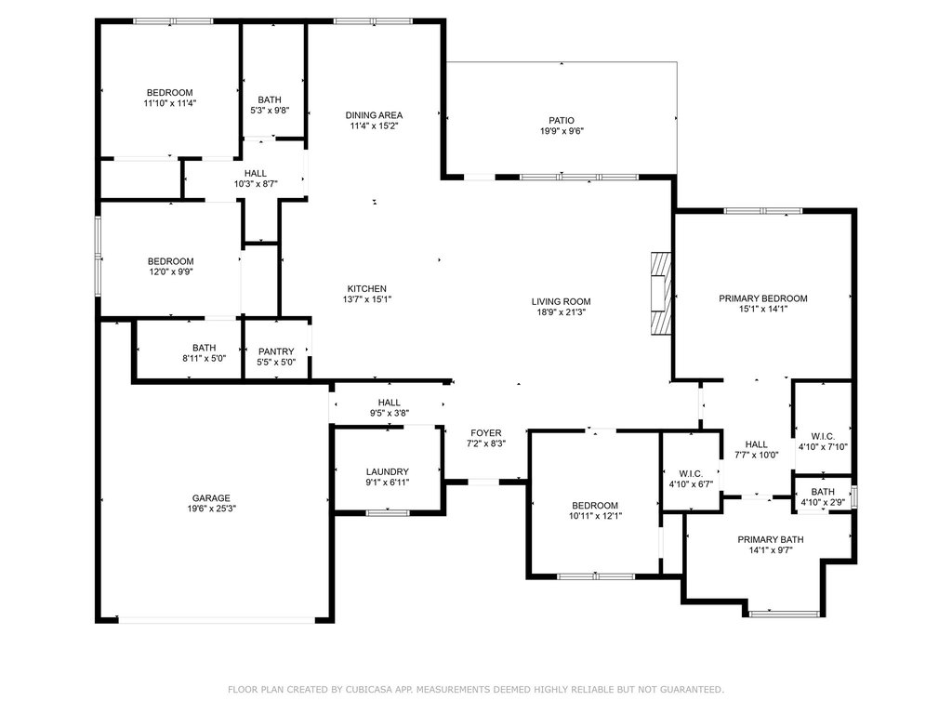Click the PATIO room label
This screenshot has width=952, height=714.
click(561, 120)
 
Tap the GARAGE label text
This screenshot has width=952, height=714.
click(211, 497)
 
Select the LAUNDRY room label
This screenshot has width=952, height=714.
click(387, 471)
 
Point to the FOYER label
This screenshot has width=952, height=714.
click(485, 433)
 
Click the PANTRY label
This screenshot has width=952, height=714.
click(276, 350)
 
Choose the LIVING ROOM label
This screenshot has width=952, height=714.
click(561, 301)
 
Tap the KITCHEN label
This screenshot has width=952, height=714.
click(366, 288)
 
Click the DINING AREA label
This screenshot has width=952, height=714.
click(374, 114)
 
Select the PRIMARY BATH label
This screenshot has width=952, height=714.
click(771, 539)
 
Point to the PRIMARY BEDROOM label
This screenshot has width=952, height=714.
click(762, 298)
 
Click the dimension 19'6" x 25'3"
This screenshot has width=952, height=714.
click(211, 509)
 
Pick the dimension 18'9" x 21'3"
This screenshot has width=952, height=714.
click(561, 312)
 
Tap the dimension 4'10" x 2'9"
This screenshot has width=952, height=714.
click(823, 503)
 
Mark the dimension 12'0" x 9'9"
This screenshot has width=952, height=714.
click(170, 272)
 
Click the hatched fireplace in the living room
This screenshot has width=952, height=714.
click(659, 293)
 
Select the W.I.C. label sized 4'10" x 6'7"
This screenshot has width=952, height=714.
click(691, 473)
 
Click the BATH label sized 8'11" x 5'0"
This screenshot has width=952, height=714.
click(205, 348)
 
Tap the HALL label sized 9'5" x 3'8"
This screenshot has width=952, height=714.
click(389, 403)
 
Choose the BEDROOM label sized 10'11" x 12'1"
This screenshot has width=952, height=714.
click(595, 505)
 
